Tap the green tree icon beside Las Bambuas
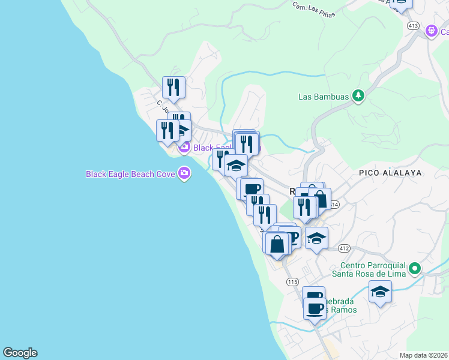point(358,95)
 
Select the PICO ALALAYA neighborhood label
point(390,172)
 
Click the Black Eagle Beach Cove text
point(130,174)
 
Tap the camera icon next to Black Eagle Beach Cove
point(184,174)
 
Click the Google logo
point(20,353)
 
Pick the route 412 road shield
point(343,248)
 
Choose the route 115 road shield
point(292,282)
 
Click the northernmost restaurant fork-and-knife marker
point(173,88)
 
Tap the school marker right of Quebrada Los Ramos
point(380,292)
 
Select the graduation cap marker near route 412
point(316,239)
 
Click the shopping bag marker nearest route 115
point(277,244)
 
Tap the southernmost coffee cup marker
point(315,309)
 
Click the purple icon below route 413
point(430,31)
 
